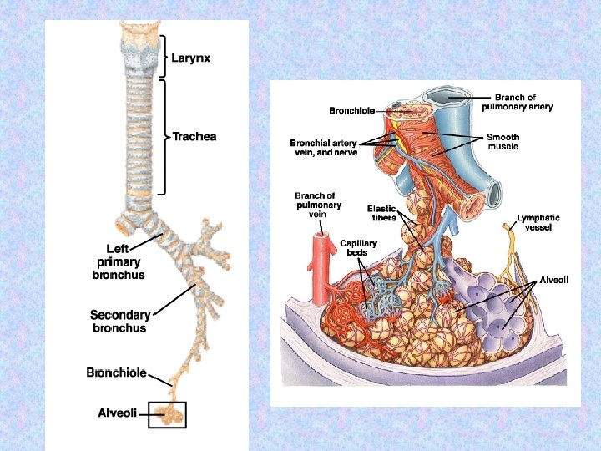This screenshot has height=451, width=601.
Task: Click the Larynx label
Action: (x=192, y=58)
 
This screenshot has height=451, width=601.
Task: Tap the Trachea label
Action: (x=194, y=136)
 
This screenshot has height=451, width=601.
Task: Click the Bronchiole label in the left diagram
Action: (x=117, y=372)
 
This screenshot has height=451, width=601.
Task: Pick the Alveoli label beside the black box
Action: (x=118, y=413)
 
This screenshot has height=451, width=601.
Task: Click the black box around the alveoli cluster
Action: (x=167, y=414)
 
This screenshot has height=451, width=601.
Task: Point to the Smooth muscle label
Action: (x=503, y=141)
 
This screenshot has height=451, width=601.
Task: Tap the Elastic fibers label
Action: (x=381, y=213)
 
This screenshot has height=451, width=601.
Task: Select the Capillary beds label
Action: (x=358, y=248)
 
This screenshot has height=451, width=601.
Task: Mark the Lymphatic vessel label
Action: (x=538, y=222)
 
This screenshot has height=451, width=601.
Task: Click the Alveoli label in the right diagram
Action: (x=554, y=280)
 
